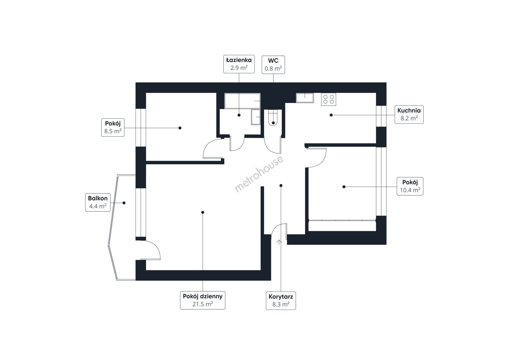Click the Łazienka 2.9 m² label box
pos(239,64)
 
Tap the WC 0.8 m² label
pos(273,65)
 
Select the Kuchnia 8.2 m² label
pos(409,114)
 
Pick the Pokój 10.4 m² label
pos(410,186)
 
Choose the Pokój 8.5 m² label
pos(113,127)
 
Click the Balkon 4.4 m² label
pos(98,202)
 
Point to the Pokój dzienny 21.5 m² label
pos(203,300)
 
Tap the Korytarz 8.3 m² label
pos(281,301)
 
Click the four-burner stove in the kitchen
pos(328,99)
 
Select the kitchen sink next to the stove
pos(305,98)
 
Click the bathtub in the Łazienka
pos(242,101)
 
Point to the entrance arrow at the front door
pos(279,242)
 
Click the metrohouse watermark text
pos(259,174)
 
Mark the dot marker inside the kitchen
pos(331,115)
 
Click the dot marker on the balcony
pos(124,203)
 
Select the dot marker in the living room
pos(203,212)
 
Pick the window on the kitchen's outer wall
pos(381,116)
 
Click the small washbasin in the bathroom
pos(256,117)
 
